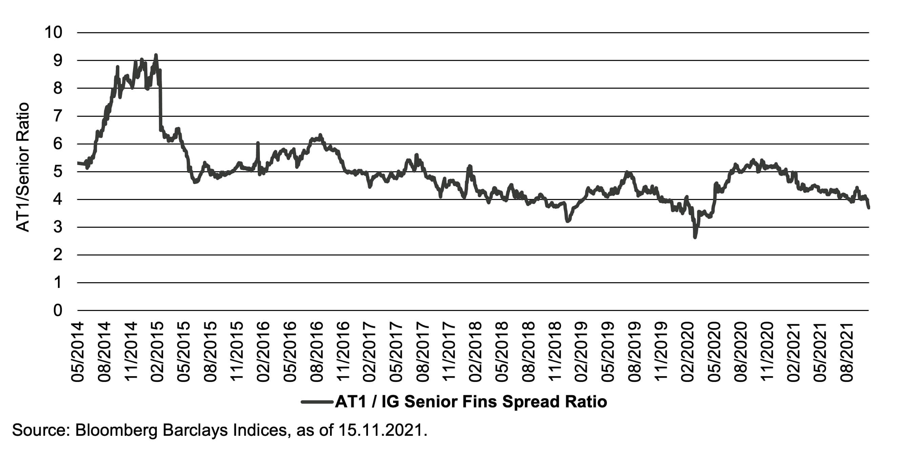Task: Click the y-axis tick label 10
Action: click(x=53, y=32)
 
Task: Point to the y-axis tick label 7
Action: click(x=58, y=116)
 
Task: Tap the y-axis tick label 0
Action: click(x=58, y=311)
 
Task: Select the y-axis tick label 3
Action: click(x=58, y=227)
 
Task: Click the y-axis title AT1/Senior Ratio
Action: click(x=23, y=167)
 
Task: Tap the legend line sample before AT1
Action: click(x=317, y=402)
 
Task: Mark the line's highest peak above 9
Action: click(x=156, y=55)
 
